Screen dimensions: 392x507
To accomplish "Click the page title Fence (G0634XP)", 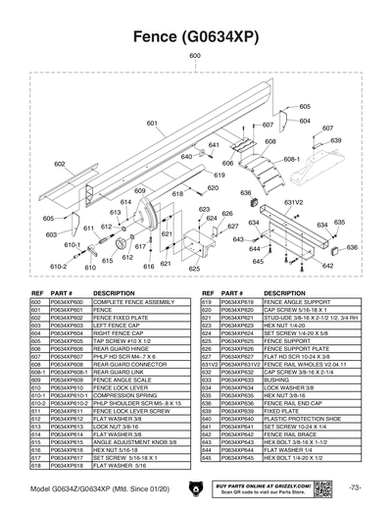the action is pyautogui.click(x=196, y=36).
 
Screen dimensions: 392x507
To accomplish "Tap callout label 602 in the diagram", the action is pyautogui.click(x=60, y=164).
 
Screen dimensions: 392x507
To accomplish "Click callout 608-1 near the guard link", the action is pyautogui.click(x=291, y=158).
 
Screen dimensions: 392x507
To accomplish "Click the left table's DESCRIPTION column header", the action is pyautogui.click(x=114, y=293).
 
